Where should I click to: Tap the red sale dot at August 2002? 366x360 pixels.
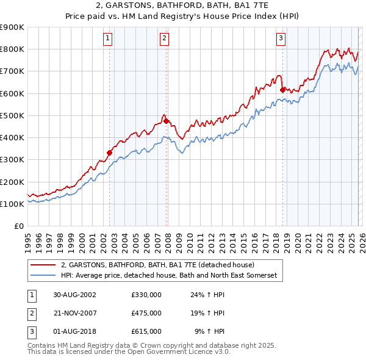[110, 153]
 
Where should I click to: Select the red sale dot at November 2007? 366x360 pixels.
[166, 121]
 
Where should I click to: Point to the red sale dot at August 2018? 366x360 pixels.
[282, 90]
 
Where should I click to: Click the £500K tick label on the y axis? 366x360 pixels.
[12, 115]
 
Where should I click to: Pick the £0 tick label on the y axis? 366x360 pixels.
[18, 226]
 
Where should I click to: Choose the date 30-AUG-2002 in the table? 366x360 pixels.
[74, 295]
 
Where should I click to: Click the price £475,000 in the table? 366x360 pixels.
[146, 313]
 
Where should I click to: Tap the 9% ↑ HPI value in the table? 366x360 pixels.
[209, 331]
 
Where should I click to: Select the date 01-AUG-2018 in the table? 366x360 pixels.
[74, 331]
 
